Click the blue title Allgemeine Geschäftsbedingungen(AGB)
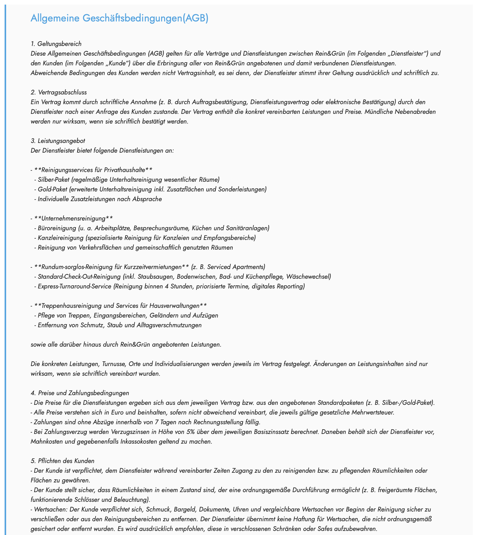[x=119, y=18]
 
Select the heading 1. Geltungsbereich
[x=56, y=43]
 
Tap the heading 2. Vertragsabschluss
[x=59, y=92]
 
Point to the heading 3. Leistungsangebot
[x=58, y=141]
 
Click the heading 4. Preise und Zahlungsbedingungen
[x=80, y=393]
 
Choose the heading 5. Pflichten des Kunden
[x=63, y=461]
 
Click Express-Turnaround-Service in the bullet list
[x=74, y=286]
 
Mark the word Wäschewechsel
[x=308, y=277]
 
